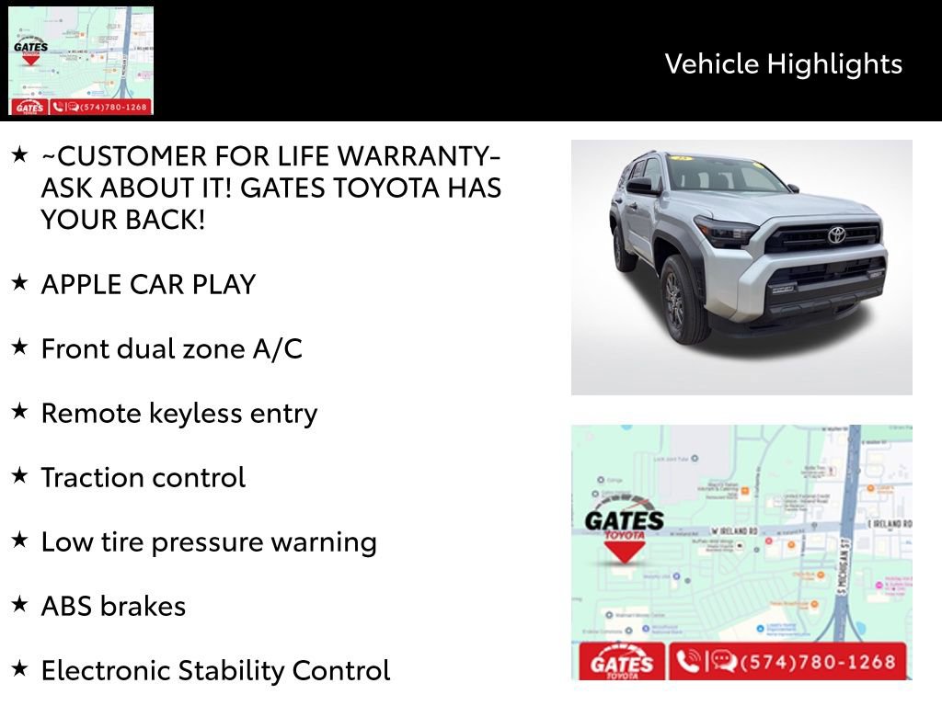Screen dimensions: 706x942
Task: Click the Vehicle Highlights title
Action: pyautogui.click(x=783, y=63)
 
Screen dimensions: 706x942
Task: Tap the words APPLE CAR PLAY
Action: pyautogui.click(x=148, y=284)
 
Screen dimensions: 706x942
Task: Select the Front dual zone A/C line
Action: pyautogui.click(x=171, y=348)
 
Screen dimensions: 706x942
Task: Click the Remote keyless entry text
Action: pyautogui.click(x=178, y=413)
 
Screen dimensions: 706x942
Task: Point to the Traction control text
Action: pyautogui.click(x=143, y=477)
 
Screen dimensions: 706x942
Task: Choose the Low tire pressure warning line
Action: pyautogui.click(x=209, y=541)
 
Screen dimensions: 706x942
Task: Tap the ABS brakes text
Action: pyautogui.click(x=113, y=606)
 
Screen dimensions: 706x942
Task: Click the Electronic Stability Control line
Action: pyautogui.click(x=215, y=670)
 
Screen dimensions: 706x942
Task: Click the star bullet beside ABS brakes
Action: pyautogui.click(x=19, y=604)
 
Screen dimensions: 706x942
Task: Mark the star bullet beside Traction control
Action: pyautogui.click(x=19, y=475)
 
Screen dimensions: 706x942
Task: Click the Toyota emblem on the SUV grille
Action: pyautogui.click(x=836, y=234)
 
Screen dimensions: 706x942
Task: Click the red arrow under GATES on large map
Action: pyautogui.click(x=625, y=552)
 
